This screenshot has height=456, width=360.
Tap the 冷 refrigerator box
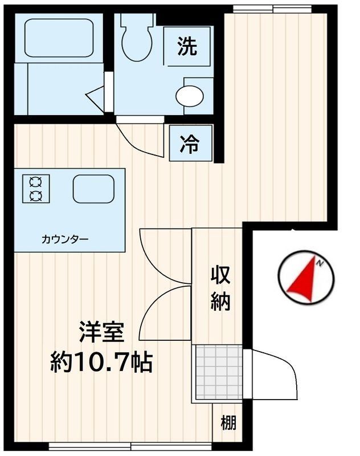click(x=190, y=143)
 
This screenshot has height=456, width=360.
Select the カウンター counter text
click(x=64, y=239)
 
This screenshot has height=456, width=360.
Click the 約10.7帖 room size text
click(x=101, y=361)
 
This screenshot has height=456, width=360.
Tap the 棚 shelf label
click(x=228, y=423)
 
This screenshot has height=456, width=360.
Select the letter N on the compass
click(x=321, y=263)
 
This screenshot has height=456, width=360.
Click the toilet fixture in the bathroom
click(x=136, y=40)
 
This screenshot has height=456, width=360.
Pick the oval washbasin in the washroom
click(x=189, y=96)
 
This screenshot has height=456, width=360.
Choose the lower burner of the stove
click(x=36, y=197)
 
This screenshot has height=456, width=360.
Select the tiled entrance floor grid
click(x=218, y=372)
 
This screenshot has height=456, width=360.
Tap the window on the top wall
click(x=272, y=8)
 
